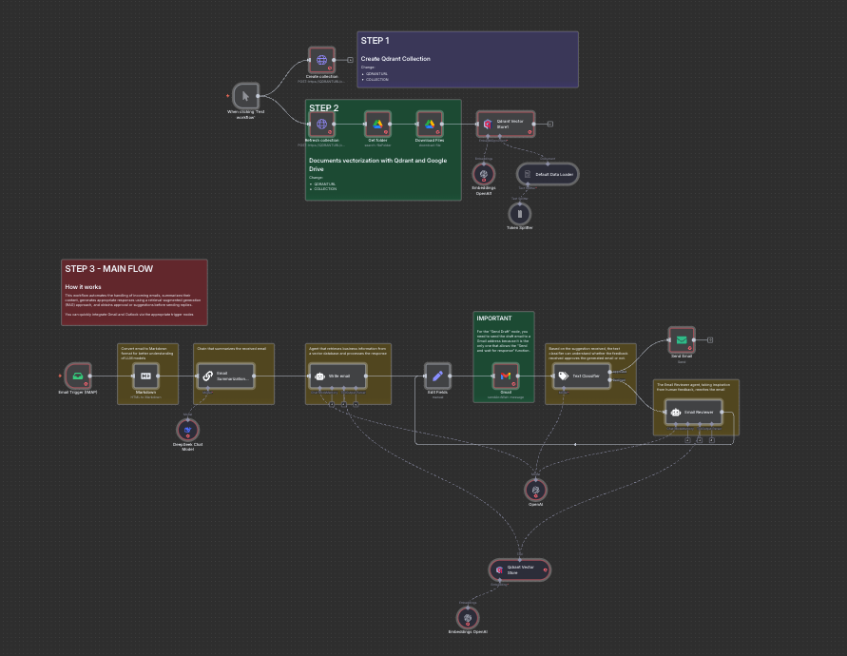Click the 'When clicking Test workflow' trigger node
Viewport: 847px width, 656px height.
pos(246,96)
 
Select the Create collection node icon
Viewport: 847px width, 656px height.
pos(321,60)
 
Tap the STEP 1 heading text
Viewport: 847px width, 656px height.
pos(375,41)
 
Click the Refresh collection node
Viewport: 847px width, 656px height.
pos(321,124)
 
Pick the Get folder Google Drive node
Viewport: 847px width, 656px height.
pos(377,124)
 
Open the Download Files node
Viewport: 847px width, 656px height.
pos(430,124)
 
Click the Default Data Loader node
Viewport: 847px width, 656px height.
pos(548,175)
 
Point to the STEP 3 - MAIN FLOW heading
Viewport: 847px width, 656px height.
pos(108,269)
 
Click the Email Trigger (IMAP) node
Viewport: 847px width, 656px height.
pos(77,376)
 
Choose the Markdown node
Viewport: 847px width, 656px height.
pos(145,376)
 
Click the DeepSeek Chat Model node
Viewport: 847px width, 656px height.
pos(188,431)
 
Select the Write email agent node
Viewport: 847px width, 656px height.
pos(337,376)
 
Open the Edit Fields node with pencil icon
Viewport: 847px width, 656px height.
pos(437,376)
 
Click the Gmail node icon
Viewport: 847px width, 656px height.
pos(505,376)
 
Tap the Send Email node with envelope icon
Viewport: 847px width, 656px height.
pos(682,339)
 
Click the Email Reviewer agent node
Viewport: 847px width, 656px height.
pos(694,413)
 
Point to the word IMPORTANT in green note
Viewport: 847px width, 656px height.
pos(494,318)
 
